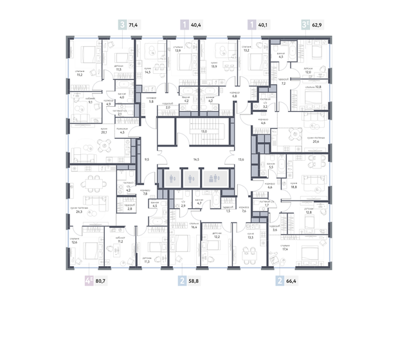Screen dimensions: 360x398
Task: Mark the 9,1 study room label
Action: coord(91,101)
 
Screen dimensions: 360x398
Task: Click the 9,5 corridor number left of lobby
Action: coord(147,158)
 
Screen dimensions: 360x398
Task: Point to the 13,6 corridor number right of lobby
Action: coord(241,158)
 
